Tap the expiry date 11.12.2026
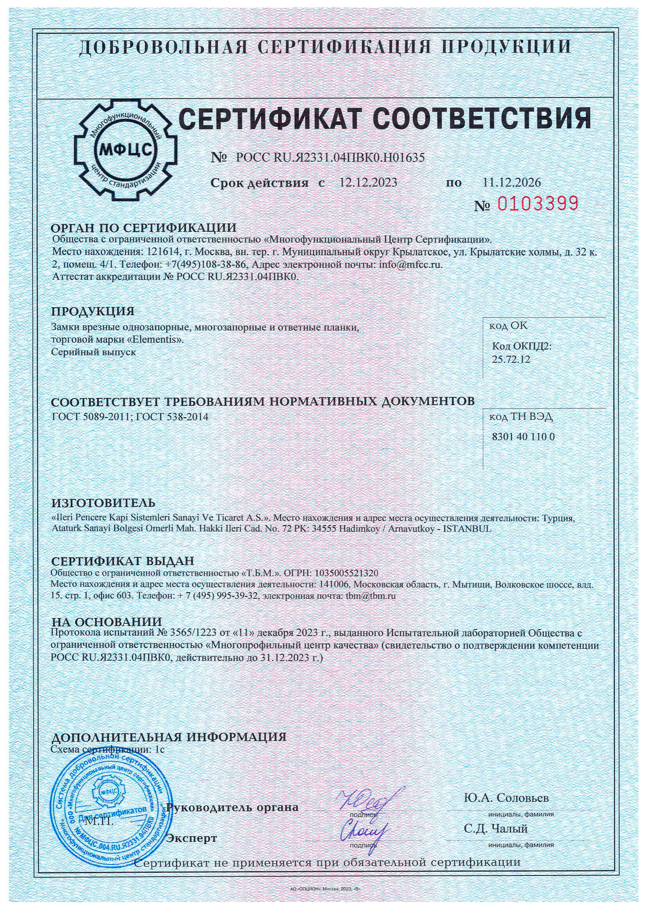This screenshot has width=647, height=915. coord(512,182)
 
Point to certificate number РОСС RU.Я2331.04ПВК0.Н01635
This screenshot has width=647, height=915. coord(330,158)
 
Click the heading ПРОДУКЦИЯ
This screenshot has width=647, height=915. coord(93,311)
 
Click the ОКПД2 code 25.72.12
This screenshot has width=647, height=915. coord(512,359)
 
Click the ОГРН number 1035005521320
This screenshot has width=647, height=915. coord(346,572)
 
